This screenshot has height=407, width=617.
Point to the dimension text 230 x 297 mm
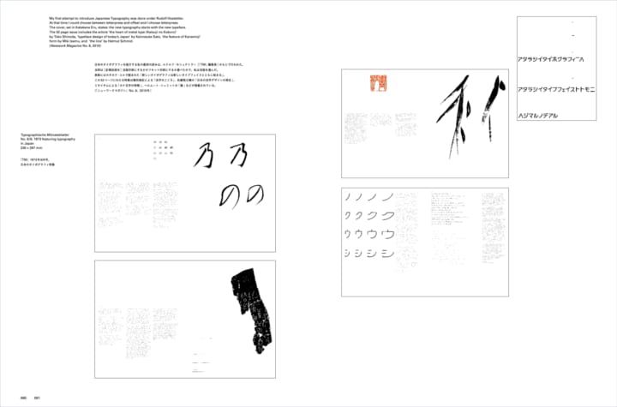[39, 149]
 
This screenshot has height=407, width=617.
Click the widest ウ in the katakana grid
[386, 233]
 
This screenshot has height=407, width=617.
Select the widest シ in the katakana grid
[386, 254]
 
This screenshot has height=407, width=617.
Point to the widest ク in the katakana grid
[386, 215]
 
